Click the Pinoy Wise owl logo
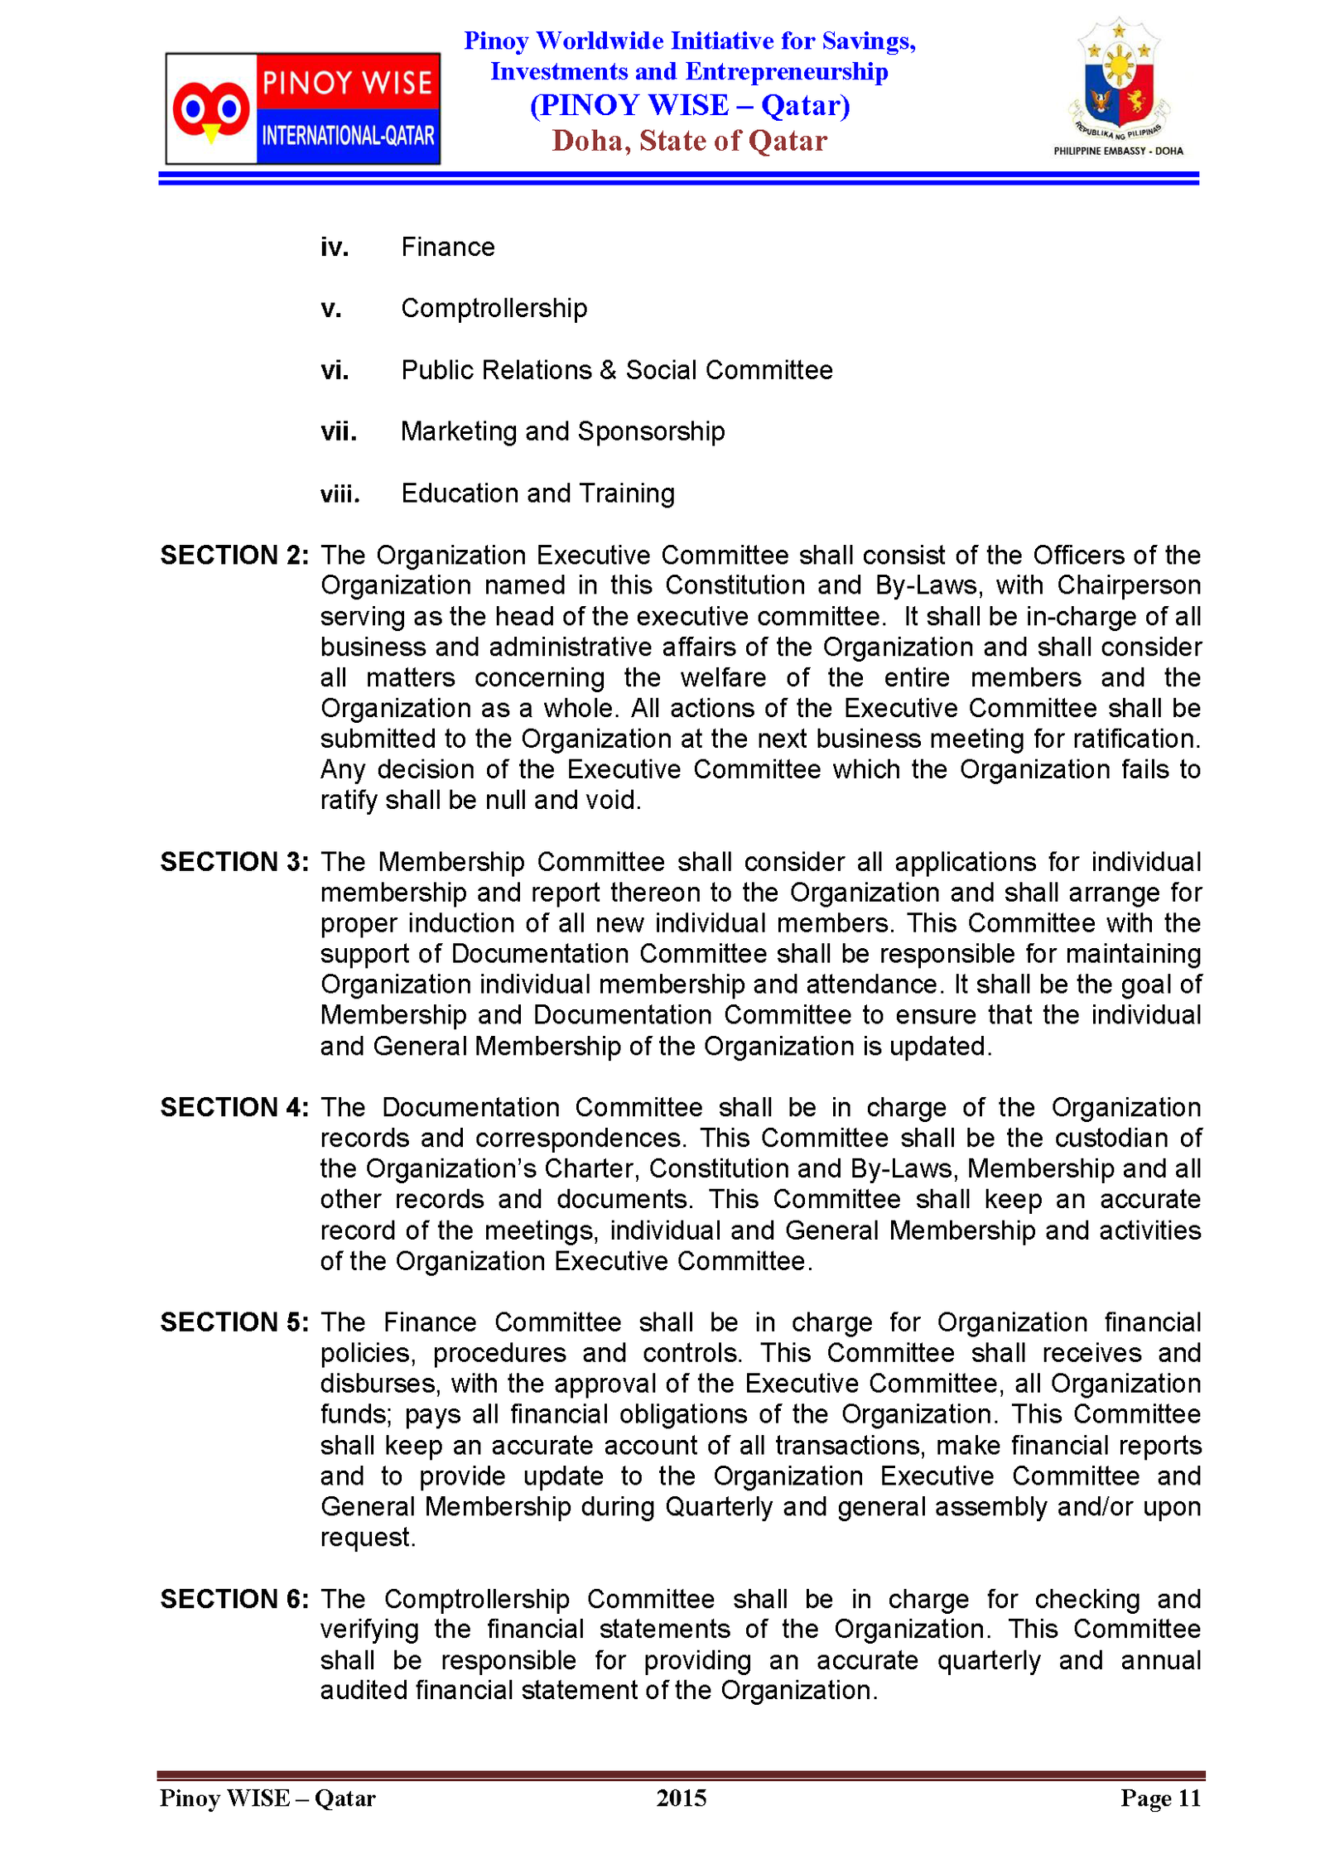[x=302, y=108]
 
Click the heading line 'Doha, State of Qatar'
[x=689, y=141]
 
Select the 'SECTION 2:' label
[x=234, y=555]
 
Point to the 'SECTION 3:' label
[x=234, y=862]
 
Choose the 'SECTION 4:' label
[x=234, y=1107]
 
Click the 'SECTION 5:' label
[x=234, y=1322]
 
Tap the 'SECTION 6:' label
[x=234, y=1598]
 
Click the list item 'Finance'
[x=447, y=247]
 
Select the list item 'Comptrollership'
[x=494, y=308]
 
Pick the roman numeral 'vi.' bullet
[x=335, y=370]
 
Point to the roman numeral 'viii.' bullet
[x=340, y=494]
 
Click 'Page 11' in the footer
[x=1160, y=1798]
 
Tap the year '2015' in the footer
[x=681, y=1798]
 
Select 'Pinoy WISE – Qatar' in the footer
[x=267, y=1798]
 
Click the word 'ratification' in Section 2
[x=1135, y=739]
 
